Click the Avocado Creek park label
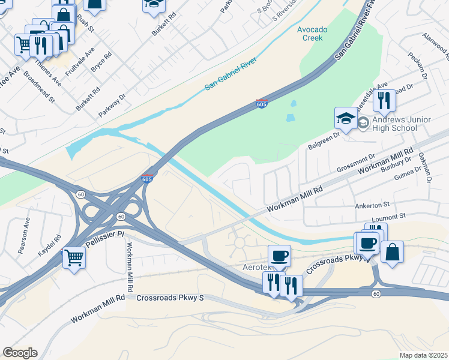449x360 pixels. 310,34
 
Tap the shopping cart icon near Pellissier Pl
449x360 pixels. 74,258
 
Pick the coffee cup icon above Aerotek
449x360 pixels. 279,256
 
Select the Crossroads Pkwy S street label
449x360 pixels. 170,298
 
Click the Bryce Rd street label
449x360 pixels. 101,64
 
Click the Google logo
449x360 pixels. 20,353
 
